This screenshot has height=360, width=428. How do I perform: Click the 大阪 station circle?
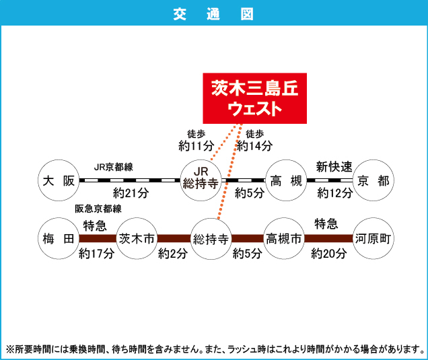tap(58, 180)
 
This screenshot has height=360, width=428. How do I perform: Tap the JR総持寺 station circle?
tap(203, 180)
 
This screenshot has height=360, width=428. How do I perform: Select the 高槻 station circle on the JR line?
tap(286, 180)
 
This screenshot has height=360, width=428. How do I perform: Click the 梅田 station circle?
tap(58, 238)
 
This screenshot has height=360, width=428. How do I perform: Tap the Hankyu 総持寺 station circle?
tap(211, 238)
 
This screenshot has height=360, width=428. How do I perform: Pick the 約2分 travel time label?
tap(173, 254)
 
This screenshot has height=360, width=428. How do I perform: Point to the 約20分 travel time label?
tap(329, 254)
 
